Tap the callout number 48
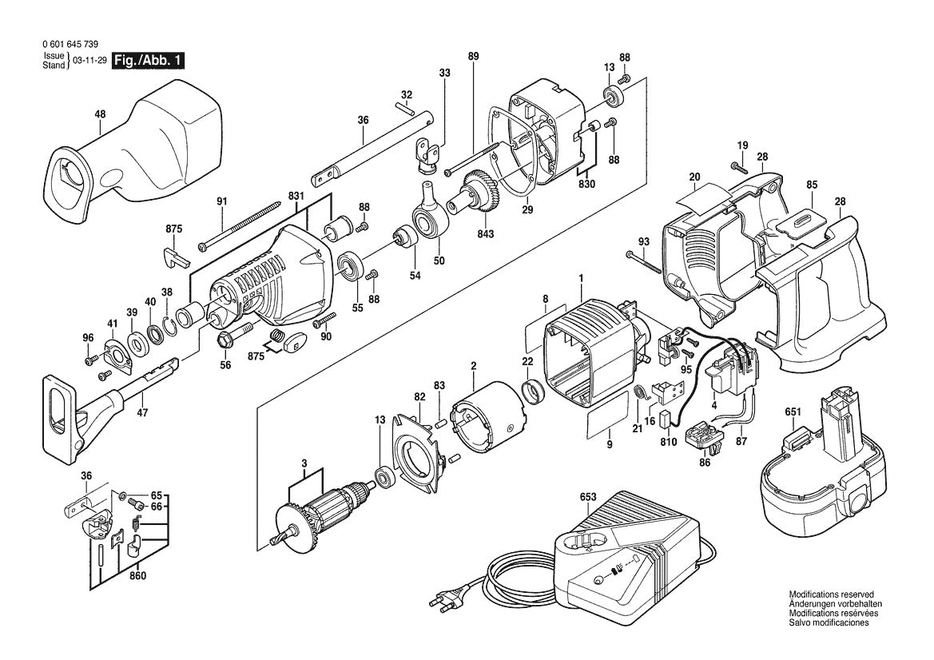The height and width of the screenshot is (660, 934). (x=99, y=114)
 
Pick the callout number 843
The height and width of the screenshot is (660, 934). (x=486, y=234)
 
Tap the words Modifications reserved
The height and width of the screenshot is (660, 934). (x=830, y=595)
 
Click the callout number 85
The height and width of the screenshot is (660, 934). (x=812, y=185)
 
